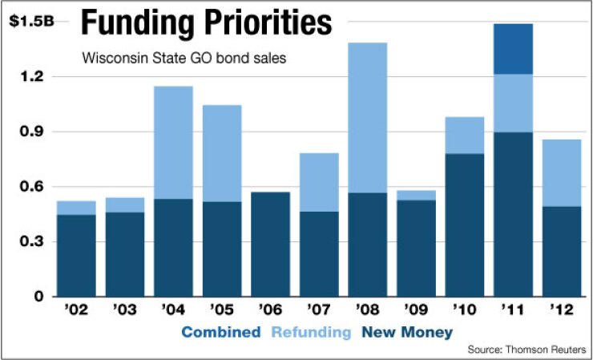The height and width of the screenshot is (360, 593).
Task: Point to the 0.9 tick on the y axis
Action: point(30,131)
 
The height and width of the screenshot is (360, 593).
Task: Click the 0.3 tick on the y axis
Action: point(30,242)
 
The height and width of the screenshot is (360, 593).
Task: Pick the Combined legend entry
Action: point(220,332)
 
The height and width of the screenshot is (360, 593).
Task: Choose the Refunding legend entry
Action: point(311,332)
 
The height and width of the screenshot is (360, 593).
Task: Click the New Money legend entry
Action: point(406,332)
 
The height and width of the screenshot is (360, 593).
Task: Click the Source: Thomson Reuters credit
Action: point(526,350)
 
